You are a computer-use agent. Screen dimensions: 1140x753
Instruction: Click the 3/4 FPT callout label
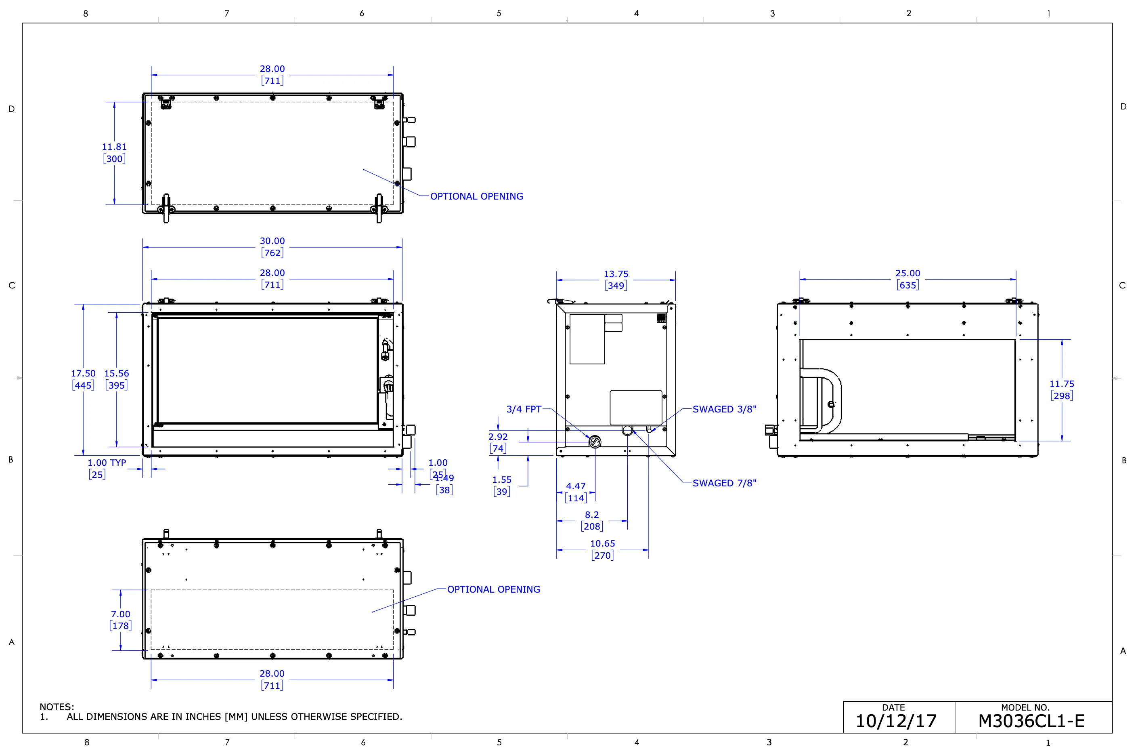point(524,409)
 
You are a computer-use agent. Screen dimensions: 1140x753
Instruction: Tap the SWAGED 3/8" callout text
point(725,409)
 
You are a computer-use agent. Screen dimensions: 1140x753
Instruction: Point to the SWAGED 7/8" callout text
point(725,483)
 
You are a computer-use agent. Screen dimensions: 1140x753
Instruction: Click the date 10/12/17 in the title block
point(896,721)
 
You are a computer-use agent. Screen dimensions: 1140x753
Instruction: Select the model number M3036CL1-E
point(1031,721)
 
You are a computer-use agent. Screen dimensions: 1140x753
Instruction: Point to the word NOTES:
point(57,707)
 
